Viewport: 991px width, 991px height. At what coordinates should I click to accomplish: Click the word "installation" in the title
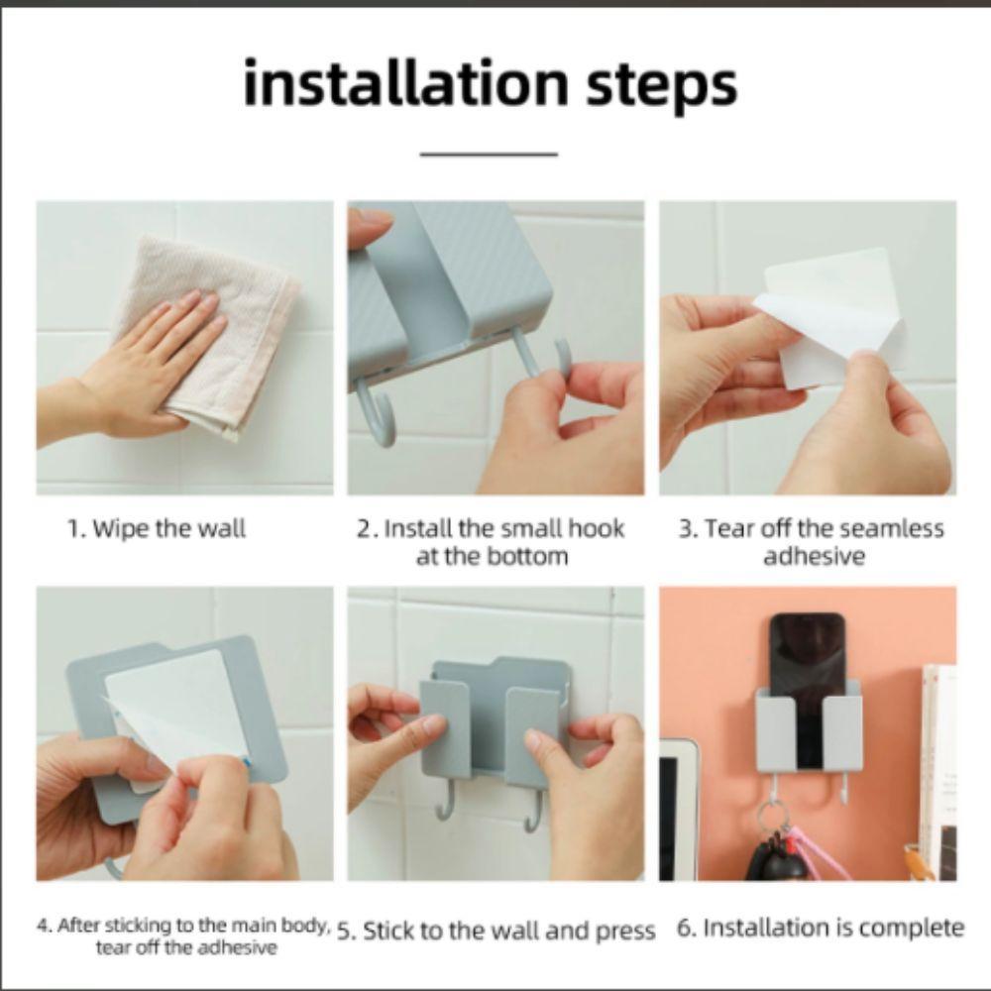pyautogui.click(x=405, y=83)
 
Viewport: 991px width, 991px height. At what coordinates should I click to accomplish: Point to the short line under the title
pyautogui.click(x=489, y=154)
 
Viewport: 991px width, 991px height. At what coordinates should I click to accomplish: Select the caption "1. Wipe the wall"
pyautogui.click(x=157, y=528)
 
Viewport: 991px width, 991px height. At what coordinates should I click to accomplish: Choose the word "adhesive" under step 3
pyautogui.click(x=814, y=557)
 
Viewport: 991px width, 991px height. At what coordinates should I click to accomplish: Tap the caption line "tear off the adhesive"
pyautogui.click(x=186, y=948)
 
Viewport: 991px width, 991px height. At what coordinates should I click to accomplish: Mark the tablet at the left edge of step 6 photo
pyautogui.click(x=678, y=810)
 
